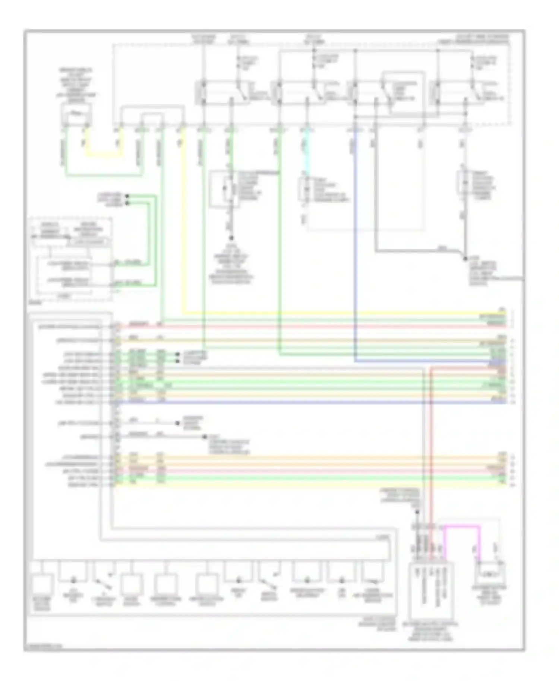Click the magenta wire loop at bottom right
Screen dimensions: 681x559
pyautogui.click(x=461, y=526)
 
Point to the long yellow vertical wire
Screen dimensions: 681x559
pyautogui.click(x=183, y=224)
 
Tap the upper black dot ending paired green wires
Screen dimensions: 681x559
pyautogui.click(x=127, y=196)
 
